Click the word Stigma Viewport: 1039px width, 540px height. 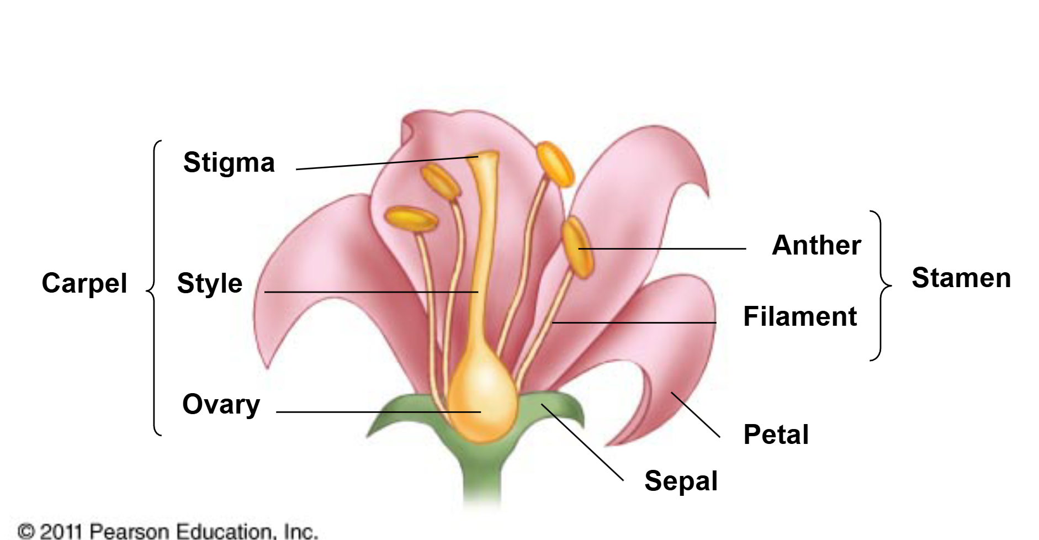click(229, 163)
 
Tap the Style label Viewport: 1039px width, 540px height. click(209, 284)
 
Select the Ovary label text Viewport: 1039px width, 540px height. click(221, 405)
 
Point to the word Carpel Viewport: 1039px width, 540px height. click(84, 283)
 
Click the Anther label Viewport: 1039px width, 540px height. click(816, 245)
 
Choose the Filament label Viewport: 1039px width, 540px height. click(800, 317)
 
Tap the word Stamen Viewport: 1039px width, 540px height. click(961, 278)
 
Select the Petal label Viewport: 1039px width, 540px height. click(776, 435)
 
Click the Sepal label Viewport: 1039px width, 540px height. click(681, 481)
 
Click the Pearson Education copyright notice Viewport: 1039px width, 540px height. click(168, 531)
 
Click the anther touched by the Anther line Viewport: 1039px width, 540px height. click(577, 246)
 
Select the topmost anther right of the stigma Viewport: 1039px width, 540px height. click(555, 164)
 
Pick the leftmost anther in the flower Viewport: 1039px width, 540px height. click(411, 219)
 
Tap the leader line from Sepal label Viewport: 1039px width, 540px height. click(582, 442)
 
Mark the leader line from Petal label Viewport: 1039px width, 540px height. click(696, 415)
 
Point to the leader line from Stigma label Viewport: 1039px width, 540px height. click(386, 163)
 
